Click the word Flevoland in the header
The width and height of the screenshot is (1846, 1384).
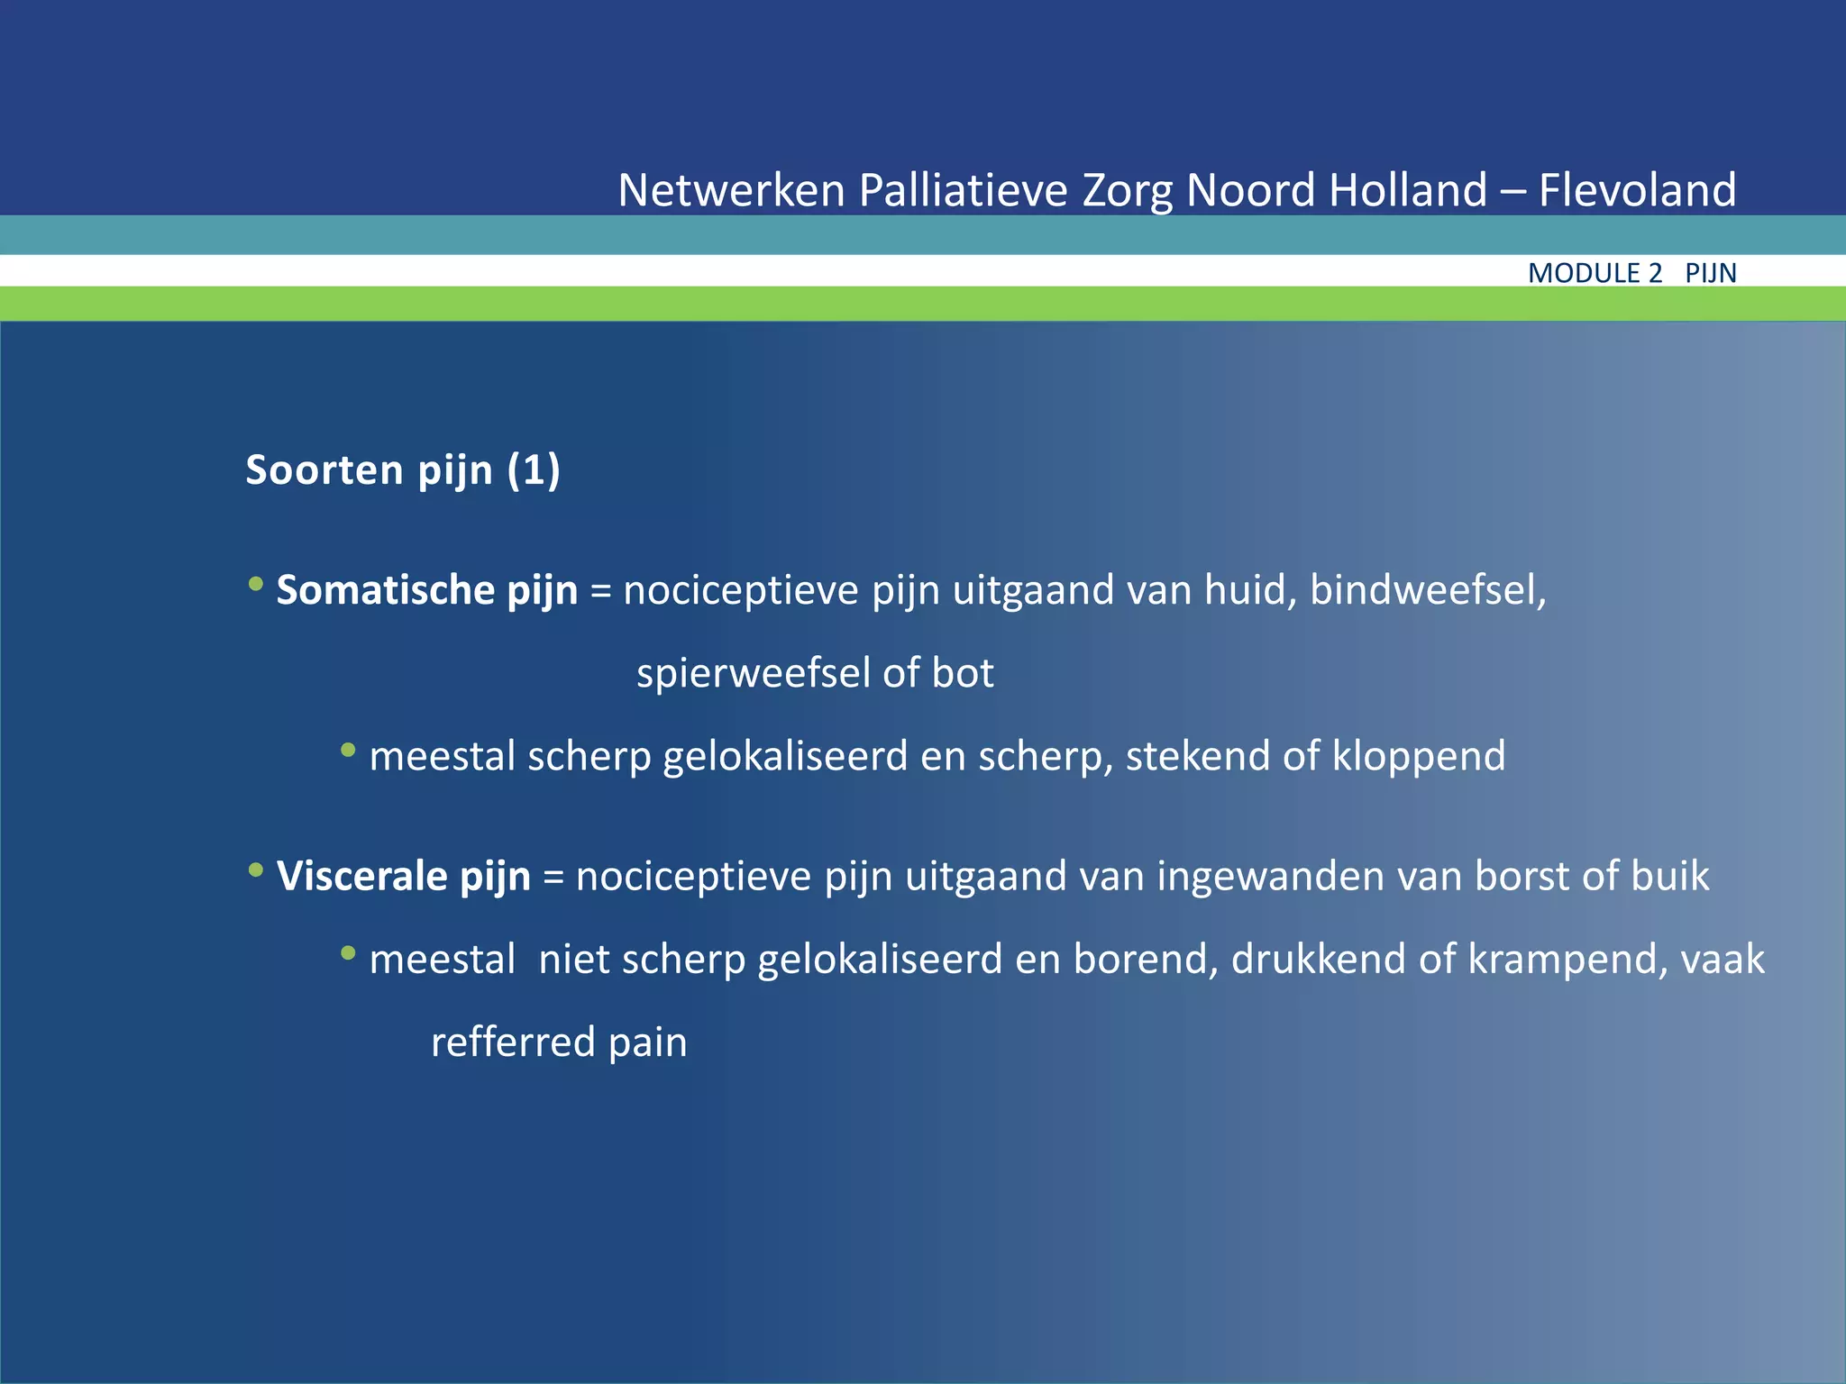[1637, 190]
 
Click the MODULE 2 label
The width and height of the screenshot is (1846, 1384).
[1595, 273]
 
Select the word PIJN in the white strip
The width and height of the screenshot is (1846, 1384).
[1711, 273]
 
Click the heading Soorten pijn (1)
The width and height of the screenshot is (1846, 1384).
[403, 470]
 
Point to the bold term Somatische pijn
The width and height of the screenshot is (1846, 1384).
[426, 590]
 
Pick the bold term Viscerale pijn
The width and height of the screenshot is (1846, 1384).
[403, 876]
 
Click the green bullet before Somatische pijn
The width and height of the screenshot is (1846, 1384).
[256, 586]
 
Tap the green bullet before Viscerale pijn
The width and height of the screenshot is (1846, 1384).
[256, 871]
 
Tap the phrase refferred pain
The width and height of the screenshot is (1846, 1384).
[559, 1043]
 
